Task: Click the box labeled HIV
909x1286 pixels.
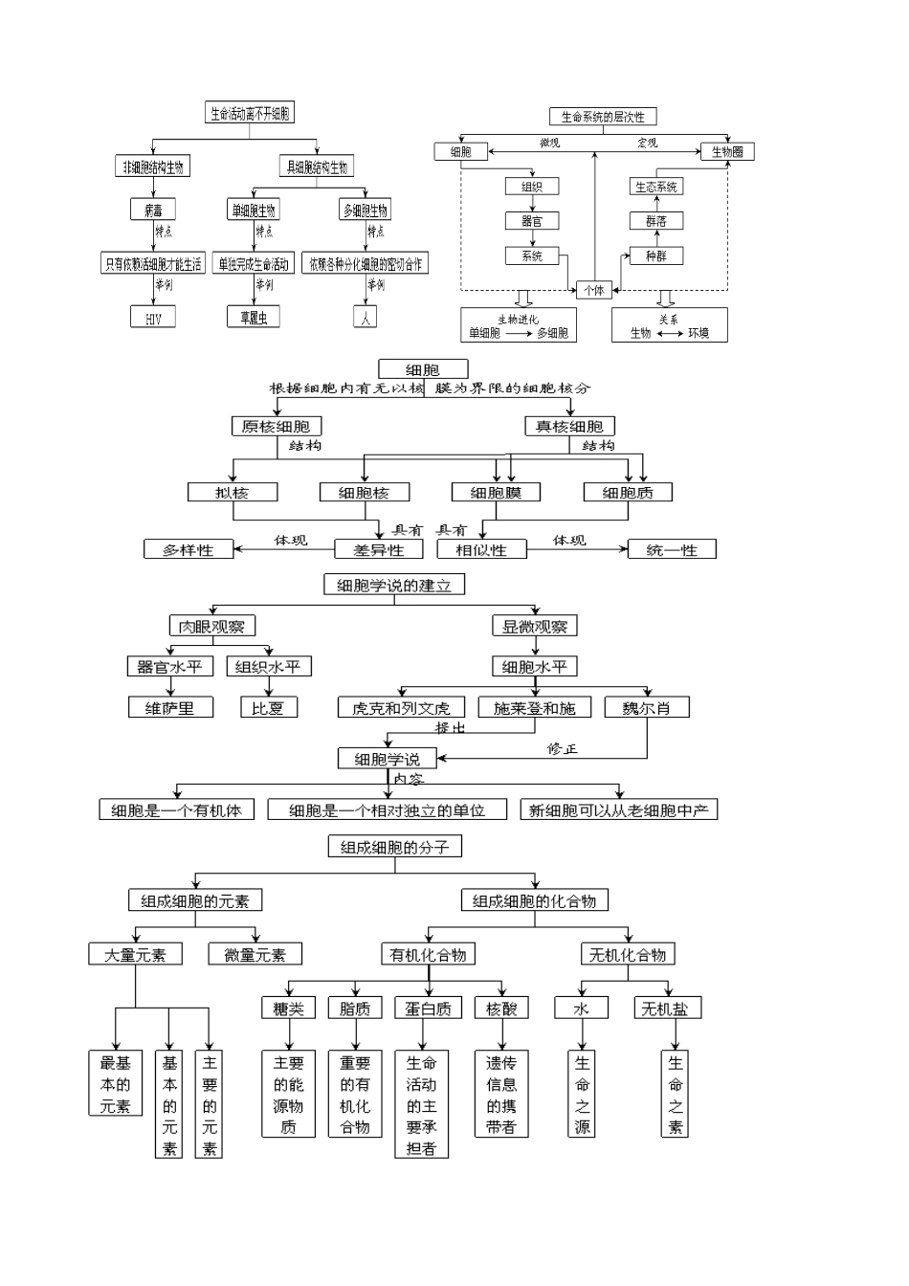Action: pyautogui.click(x=153, y=318)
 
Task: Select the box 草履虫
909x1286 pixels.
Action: pyautogui.click(x=254, y=318)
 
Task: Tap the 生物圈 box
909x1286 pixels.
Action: pyautogui.click(x=727, y=151)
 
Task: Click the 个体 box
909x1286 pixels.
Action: pyautogui.click(x=594, y=290)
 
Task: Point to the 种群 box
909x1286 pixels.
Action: pyautogui.click(x=656, y=255)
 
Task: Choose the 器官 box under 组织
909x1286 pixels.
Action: pyautogui.click(x=532, y=221)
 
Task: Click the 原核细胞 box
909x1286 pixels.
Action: pyautogui.click(x=276, y=426)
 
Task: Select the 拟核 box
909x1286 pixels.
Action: pyautogui.click(x=233, y=492)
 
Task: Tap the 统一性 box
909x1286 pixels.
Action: pyautogui.click(x=672, y=550)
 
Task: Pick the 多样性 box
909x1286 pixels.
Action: pyautogui.click(x=188, y=550)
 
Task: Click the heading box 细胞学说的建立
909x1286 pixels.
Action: pyautogui.click(x=394, y=585)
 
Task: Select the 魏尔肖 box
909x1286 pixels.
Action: pyautogui.click(x=647, y=708)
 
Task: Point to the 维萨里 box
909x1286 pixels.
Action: pyautogui.click(x=169, y=708)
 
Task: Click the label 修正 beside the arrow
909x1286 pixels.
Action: pyautogui.click(x=563, y=748)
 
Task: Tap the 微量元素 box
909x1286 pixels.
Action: pyautogui.click(x=255, y=954)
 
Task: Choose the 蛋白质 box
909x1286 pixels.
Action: pyautogui.click(x=427, y=1008)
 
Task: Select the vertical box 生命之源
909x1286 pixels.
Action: pyautogui.click(x=582, y=1094)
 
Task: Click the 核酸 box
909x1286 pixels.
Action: pyautogui.click(x=501, y=1008)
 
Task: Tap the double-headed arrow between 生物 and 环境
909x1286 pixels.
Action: pyautogui.click(x=669, y=334)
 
